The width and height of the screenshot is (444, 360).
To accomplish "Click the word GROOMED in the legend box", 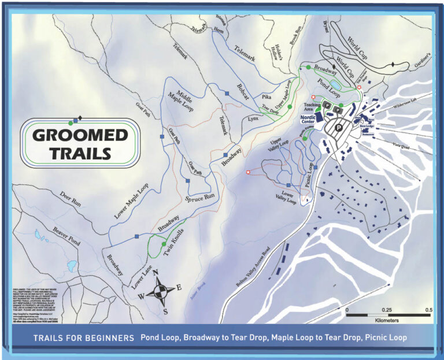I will [80, 135].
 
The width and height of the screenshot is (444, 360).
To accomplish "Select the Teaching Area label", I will [312, 107].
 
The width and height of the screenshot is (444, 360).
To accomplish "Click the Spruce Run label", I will [200, 197].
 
